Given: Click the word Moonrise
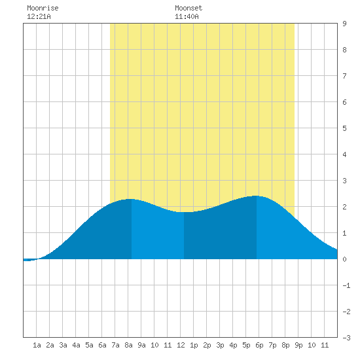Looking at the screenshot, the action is pyautogui.click(x=43, y=8).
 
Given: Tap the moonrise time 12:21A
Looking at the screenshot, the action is pyautogui.click(x=39, y=16).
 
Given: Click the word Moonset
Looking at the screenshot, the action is pyautogui.click(x=189, y=8).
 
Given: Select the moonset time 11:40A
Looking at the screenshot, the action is pyautogui.click(x=187, y=16).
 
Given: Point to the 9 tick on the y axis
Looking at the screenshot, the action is pyautogui.click(x=344, y=24).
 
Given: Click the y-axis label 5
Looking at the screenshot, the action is pyautogui.click(x=344, y=128).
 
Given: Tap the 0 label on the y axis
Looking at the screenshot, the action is pyautogui.click(x=344, y=259).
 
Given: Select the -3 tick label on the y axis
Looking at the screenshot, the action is pyautogui.click(x=346, y=338).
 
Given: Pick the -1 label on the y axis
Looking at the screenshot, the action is pyautogui.click(x=346, y=285).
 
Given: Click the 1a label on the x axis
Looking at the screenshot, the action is pyautogui.click(x=37, y=345).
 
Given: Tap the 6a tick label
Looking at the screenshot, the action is pyautogui.click(x=102, y=345).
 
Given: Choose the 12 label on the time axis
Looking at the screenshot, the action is pyautogui.click(x=181, y=345).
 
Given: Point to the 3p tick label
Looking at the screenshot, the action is pyautogui.click(x=220, y=345).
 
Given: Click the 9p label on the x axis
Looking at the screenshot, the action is pyautogui.click(x=298, y=345).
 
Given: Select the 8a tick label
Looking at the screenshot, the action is pyautogui.click(x=128, y=345).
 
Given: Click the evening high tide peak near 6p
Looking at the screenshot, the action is pyautogui.click(x=256, y=196).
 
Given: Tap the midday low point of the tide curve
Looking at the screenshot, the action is pyautogui.click(x=184, y=212).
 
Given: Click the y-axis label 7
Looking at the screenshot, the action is pyautogui.click(x=344, y=76).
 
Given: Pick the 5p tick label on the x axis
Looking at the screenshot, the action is pyautogui.click(x=246, y=345).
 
